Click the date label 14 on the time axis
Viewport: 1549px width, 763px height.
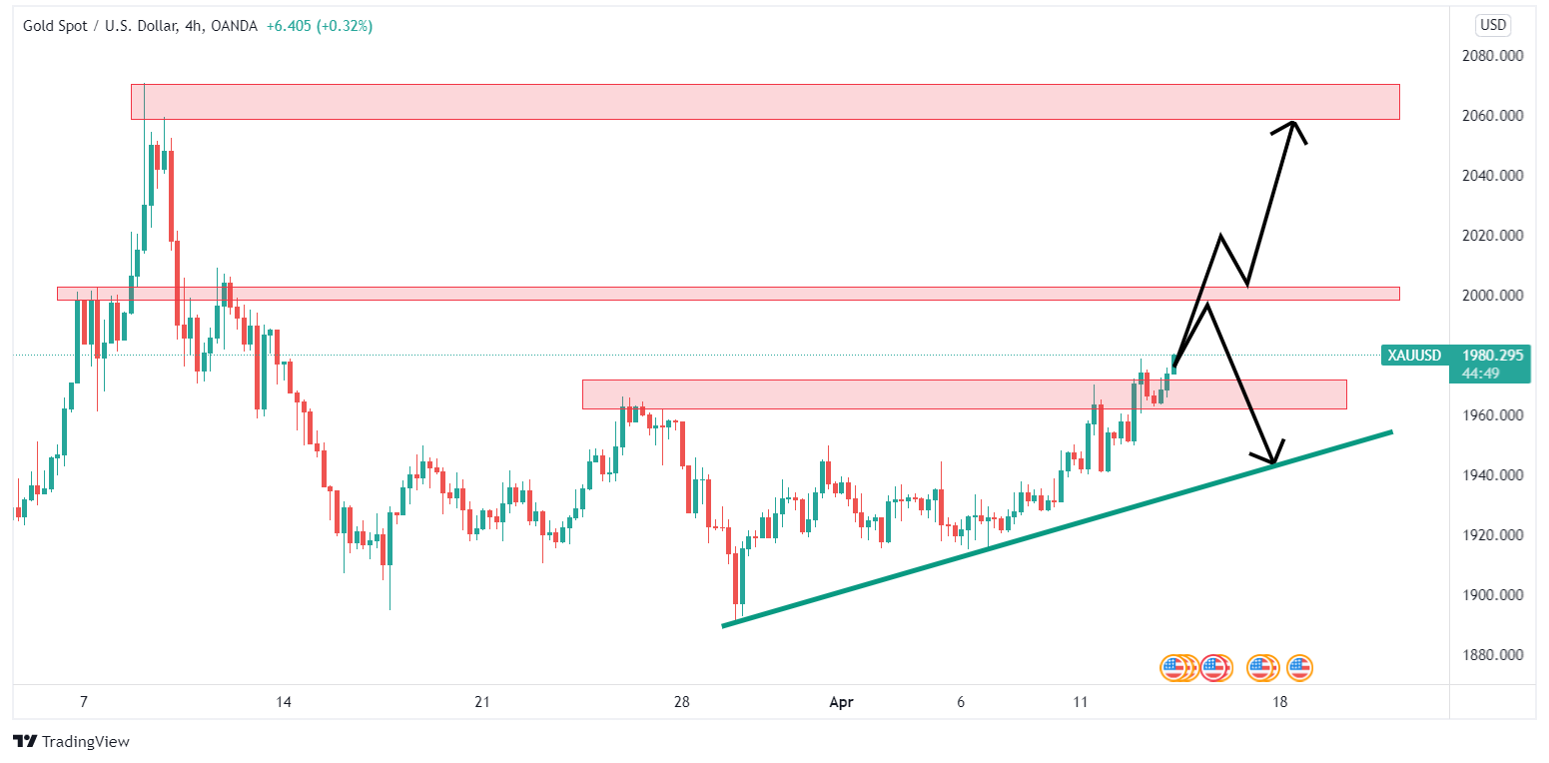(x=284, y=702)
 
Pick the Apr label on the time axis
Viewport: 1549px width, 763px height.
(x=842, y=702)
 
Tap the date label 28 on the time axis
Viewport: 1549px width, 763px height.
(x=682, y=702)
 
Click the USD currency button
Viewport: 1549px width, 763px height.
(x=1494, y=25)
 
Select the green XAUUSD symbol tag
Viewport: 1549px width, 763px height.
(x=1414, y=356)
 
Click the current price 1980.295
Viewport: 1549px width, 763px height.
(x=1492, y=356)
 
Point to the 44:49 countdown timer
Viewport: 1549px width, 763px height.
(x=1478, y=373)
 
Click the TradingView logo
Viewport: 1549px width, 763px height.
(x=72, y=742)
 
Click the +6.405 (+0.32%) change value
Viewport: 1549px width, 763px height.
(x=319, y=26)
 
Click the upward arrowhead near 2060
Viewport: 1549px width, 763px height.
(x=1293, y=124)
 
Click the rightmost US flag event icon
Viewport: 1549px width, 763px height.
(x=1299, y=667)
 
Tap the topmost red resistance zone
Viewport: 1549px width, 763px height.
(x=764, y=102)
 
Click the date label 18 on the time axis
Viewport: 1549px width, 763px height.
(x=1279, y=702)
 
